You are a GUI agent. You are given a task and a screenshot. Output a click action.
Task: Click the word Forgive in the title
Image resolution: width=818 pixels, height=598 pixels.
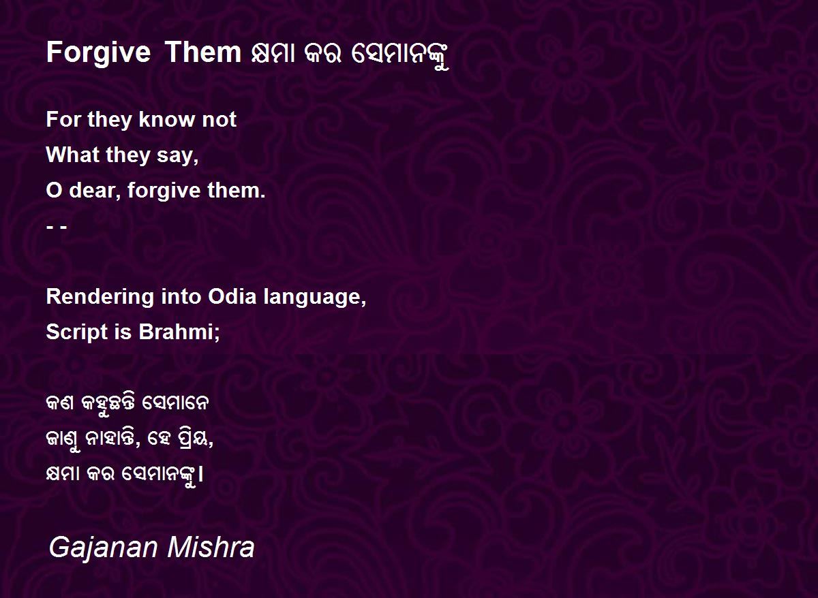click(98, 54)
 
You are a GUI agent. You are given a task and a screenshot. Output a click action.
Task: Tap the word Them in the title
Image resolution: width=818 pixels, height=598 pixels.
click(202, 52)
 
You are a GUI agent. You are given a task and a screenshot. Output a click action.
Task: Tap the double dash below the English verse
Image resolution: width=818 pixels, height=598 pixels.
click(57, 227)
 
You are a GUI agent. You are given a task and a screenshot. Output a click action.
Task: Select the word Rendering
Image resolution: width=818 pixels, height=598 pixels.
click(100, 298)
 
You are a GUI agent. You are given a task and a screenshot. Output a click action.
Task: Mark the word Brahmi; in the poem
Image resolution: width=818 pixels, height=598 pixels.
click(179, 332)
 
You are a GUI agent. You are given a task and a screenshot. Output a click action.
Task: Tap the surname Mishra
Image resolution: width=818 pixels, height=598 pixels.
click(211, 548)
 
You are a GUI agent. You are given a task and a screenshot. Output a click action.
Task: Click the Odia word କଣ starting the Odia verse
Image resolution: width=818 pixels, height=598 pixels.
click(60, 403)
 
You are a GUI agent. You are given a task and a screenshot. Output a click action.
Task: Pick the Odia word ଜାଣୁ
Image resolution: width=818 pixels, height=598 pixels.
click(63, 441)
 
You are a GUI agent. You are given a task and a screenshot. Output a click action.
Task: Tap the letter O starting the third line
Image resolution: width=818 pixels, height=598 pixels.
click(54, 191)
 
